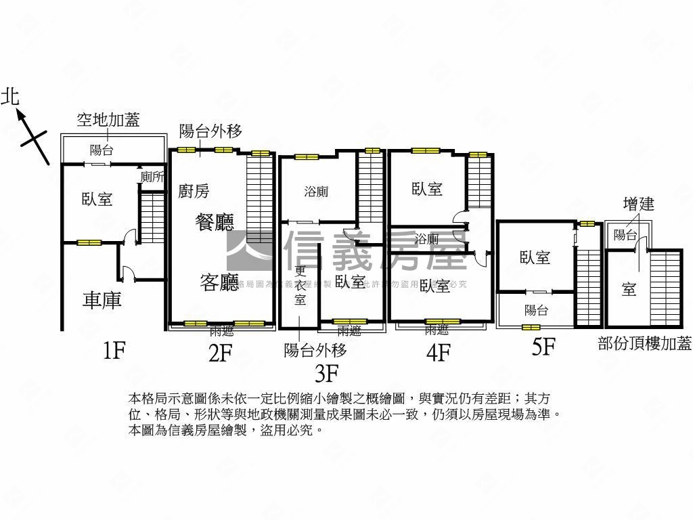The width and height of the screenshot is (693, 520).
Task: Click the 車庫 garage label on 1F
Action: (102, 300)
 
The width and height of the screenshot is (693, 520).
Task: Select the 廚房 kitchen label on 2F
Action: (194, 192)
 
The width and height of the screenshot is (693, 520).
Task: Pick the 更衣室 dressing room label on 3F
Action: (300, 284)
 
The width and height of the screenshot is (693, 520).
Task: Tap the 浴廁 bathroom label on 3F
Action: (316, 192)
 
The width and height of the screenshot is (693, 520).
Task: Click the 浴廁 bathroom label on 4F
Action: (427, 239)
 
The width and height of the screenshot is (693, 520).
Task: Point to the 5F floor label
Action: (543, 347)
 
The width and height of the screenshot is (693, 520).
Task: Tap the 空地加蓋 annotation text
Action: (108, 121)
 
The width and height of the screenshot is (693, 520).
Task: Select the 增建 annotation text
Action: (638, 203)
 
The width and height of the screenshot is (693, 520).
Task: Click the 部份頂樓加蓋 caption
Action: (644, 343)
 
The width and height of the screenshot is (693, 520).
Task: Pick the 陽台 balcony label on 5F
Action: (536, 310)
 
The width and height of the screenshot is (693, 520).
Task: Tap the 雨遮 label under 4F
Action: (437, 330)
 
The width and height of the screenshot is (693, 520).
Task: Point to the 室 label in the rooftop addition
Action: (629, 289)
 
